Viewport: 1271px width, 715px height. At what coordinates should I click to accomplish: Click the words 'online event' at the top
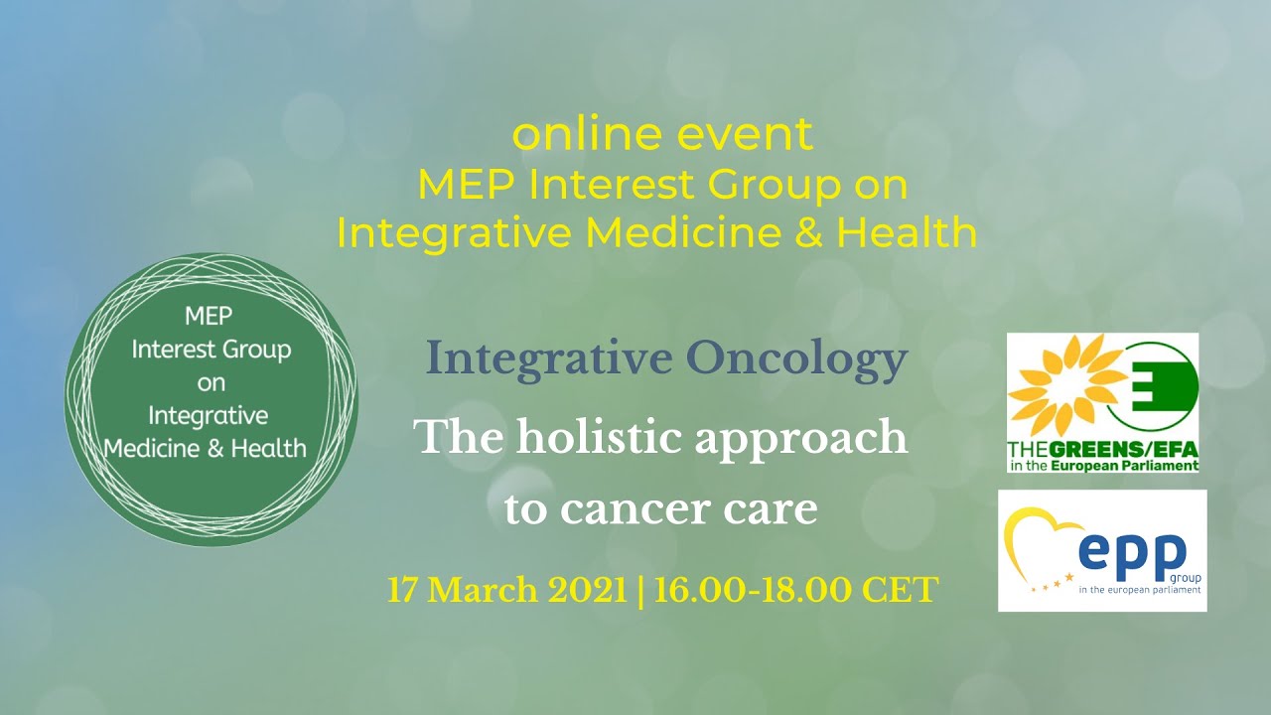(662, 135)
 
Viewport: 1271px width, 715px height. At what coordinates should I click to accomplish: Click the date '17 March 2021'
(506, 590)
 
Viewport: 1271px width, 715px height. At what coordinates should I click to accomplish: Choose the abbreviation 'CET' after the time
(900, 590)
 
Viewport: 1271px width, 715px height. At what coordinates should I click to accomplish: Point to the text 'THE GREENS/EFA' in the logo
(1102, 448)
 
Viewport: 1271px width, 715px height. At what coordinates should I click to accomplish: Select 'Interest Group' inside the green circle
(212, 351)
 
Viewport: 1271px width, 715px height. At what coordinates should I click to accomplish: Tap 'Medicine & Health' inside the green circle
(207, 448)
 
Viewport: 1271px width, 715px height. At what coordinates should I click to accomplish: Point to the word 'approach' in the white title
(801, 437)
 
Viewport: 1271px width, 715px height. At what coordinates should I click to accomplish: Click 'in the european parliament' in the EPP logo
(1140, 589)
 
